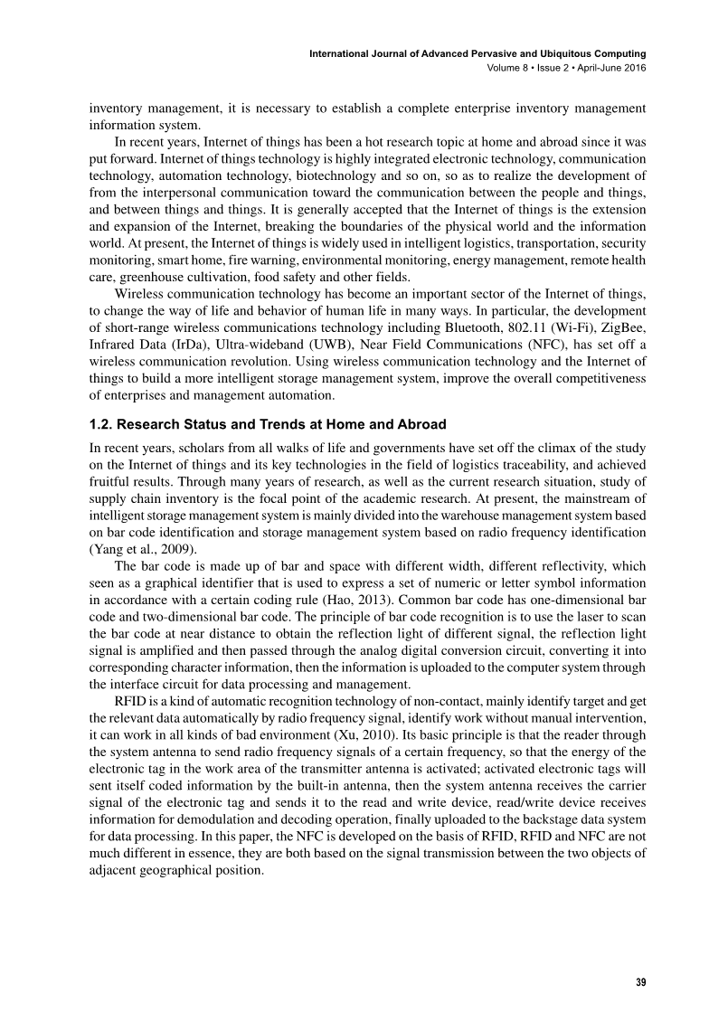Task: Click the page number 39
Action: (x=638, y=982)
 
